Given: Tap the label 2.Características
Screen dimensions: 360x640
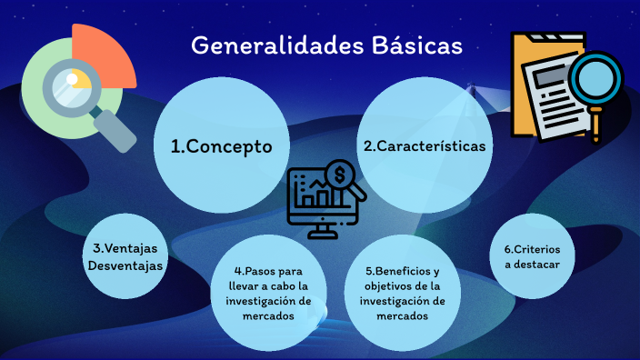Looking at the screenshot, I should coord(424,145).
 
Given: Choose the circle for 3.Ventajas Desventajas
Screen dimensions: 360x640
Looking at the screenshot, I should coord(125,256).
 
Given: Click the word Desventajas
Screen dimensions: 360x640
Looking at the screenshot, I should coord(125,265).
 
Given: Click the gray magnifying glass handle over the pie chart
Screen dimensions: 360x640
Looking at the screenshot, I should coord(115,128).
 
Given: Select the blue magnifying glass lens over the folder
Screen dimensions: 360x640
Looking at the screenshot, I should coord(595,80).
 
